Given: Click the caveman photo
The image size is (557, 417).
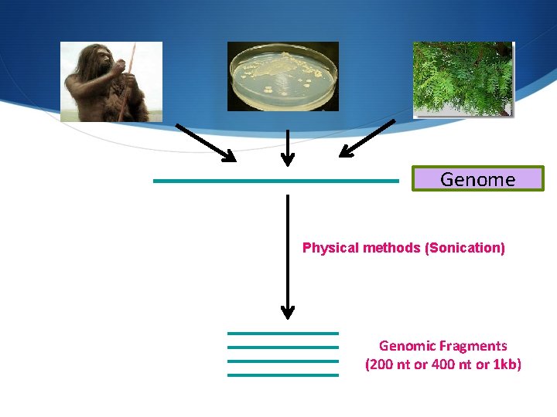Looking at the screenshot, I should click(x=111, y=81).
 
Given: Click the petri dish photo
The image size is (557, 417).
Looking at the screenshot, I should click(x=282, y=76).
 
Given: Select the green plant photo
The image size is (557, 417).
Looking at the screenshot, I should click(x=463, y=79).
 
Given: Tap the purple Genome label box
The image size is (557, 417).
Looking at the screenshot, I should click(x=477, y=179).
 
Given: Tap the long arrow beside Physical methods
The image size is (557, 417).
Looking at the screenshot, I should click(x=288, y=255).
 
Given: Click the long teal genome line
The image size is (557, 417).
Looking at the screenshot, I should click(x=275, y=181).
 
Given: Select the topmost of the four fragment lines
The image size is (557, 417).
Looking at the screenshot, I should click(x=282, y=334).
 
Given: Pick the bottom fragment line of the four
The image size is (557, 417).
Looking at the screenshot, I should click(x=282, y=375).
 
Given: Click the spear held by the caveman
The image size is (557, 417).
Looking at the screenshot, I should click(x=129, y=77).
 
